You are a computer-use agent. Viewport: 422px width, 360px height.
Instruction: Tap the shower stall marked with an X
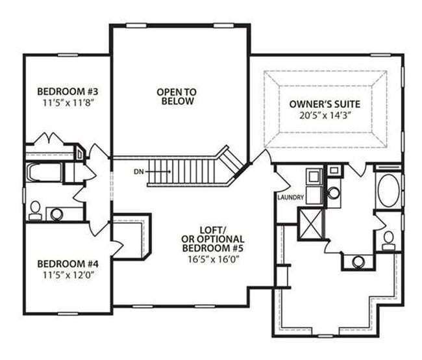point(310,223)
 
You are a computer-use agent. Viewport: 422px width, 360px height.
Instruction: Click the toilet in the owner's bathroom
point(388,241)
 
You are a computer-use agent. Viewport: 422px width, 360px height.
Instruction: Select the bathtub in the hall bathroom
point(43,174)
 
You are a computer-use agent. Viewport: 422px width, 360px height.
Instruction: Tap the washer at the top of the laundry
point(313,176)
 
